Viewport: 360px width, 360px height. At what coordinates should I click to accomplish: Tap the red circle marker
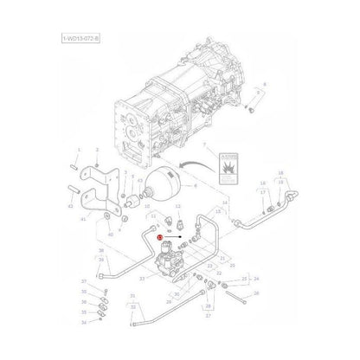160,235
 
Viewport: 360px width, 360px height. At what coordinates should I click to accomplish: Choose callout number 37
83,282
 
